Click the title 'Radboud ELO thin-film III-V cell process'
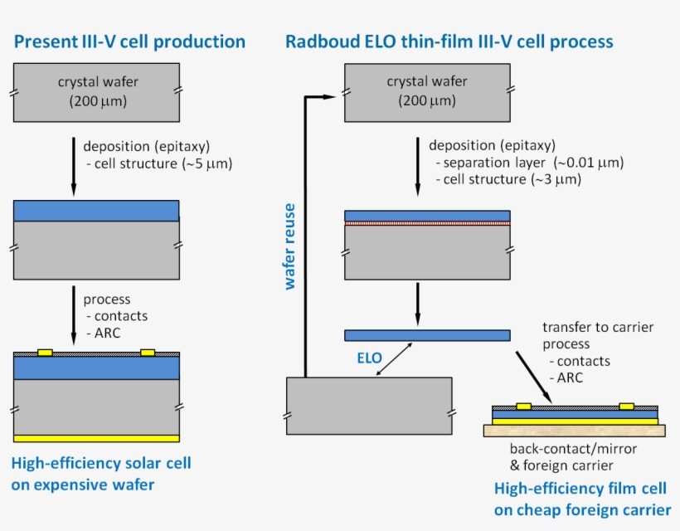click(x=449, y=41)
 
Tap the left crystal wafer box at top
click(x=96, y=91)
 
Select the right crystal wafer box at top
click(x=426, y=91)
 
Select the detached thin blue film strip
click(x=426, y=335)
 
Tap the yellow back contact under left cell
click(x=96, y=438)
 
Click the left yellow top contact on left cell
click(x=46, y=353)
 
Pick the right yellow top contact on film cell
click(x=627, y=407)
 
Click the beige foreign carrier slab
click(x=574, y=430)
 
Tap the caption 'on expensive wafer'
click(x=83, y=485)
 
